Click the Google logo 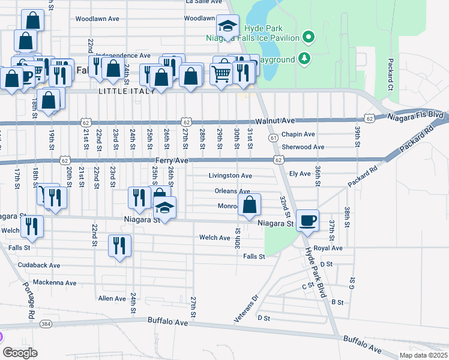click(19, 353)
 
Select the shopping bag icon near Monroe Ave click(249, 205)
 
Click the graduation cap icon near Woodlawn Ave click(228, 26)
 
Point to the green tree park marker click(305, 58)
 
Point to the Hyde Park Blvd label click(315, 273)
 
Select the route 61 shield click(273, 139)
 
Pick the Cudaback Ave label click(39, 265)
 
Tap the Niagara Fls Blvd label click(415, 115)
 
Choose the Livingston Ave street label click(230, 176)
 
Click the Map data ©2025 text click(423, 355)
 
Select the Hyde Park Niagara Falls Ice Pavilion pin click(309, 37)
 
